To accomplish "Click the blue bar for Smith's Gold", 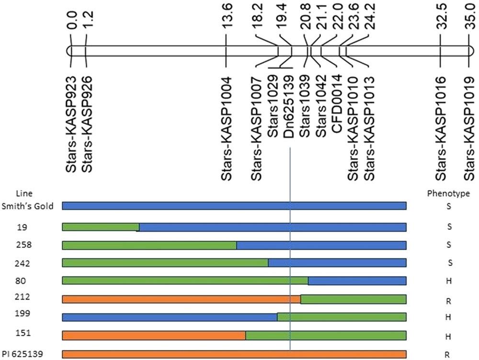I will click(234, 206).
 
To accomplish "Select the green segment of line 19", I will click(101, 227).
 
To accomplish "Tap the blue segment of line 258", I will click(321, 245).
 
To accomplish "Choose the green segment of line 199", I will click(342, 317).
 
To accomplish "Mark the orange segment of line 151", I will click(154, 335).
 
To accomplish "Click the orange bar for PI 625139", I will click(234, 354).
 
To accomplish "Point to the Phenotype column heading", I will click(448, 194).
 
